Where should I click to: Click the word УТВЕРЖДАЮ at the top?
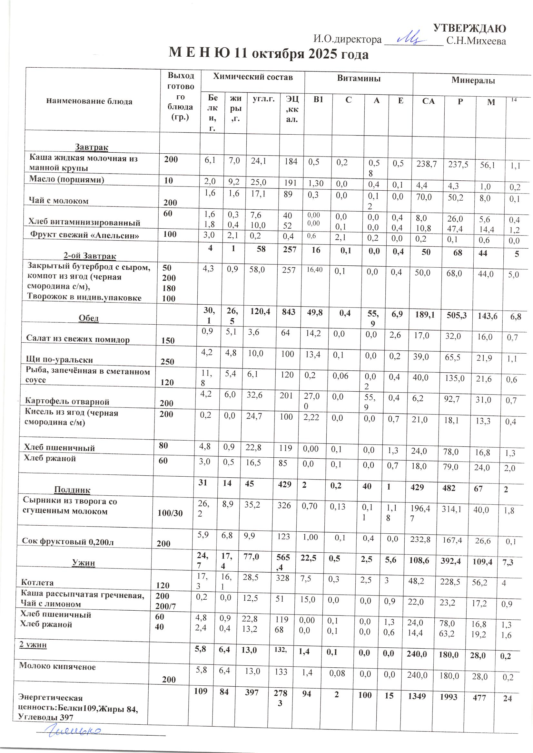(469, 29)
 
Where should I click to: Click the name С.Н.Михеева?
(476, 41)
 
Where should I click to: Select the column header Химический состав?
(252, 77)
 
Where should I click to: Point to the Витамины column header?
(359, 78)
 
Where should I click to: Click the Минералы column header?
(473, 80)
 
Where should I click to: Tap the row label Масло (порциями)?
(67, 179)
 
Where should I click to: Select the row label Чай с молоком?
(59, 201)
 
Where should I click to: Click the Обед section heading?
(89, 318)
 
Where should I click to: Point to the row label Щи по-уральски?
(59, 360)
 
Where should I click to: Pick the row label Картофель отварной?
(67, 401)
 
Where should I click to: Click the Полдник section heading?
(72, 490)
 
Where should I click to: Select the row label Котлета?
(37, 582)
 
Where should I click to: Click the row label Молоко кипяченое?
(57, 666)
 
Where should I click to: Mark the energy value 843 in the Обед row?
(288, 312)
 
